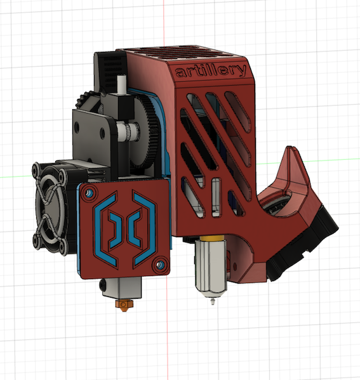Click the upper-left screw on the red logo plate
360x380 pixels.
[x=88, y=193]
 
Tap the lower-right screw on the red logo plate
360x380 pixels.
[x=159, y=265]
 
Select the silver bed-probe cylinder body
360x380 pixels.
[x=210, y=266]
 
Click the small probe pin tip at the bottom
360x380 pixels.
[x=213, y=302]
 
